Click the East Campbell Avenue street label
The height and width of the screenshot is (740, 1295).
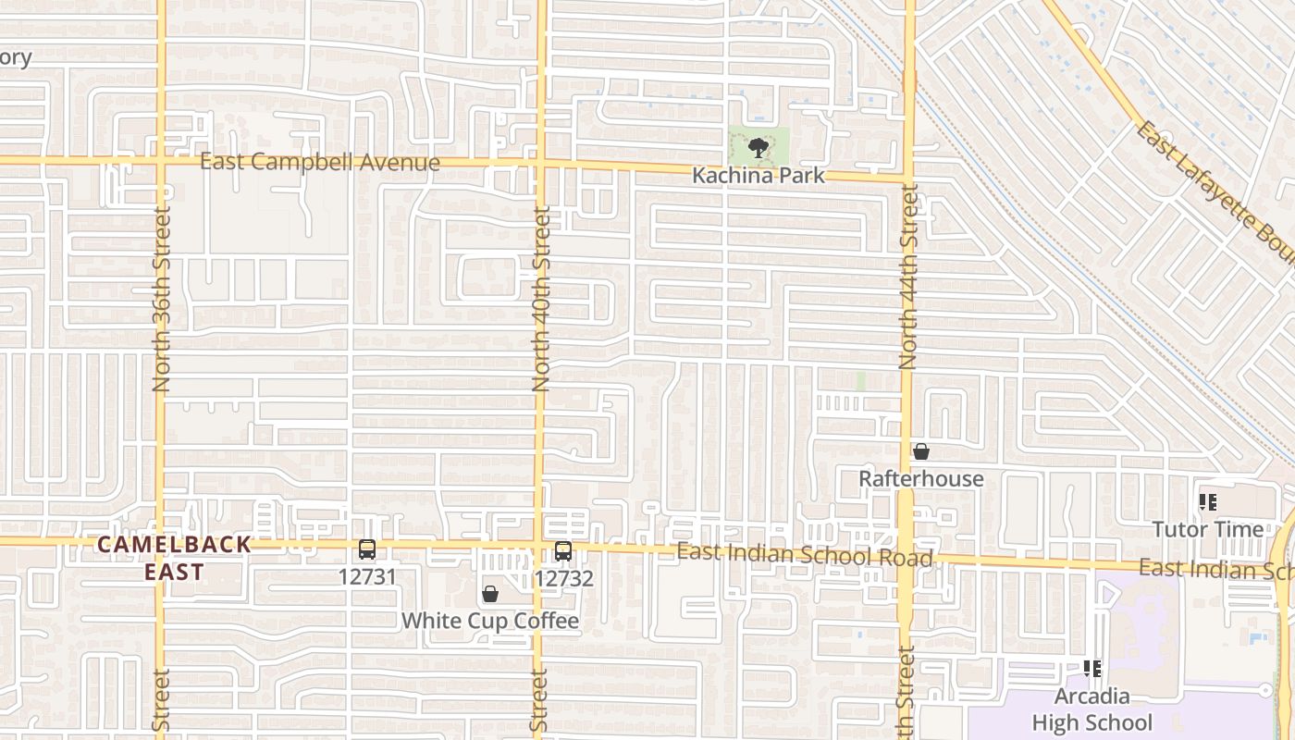[x=320, y=163]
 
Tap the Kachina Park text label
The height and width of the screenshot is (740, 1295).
[x=758, y=175]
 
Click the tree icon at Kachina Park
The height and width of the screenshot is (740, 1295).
[x=758, y=147]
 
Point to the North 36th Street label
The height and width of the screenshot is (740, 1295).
[x=162, y=299]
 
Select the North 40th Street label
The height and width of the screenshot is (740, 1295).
[x=541, y=299]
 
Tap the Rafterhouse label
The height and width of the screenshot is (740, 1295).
[x=920, y=478]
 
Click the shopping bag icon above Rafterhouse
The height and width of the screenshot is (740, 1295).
[x=920, y=451]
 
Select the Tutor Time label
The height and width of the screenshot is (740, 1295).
[x=1207, y=529]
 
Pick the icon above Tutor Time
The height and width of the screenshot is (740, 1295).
[x=1207, y=502]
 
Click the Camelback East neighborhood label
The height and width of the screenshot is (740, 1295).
[x=174, y=558]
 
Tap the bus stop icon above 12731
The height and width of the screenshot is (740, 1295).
[x=367, y=549]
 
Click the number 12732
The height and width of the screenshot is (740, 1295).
[x=563, y=578]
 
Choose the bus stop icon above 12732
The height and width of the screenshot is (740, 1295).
[x=563, y=551]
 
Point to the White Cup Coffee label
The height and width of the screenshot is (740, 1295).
[x=489, y=621]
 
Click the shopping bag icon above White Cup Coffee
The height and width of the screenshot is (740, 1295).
[x=490, y=594]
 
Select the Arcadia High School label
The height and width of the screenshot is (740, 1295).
[x=1092, y=709]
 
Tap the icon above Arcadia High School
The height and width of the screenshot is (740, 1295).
[x=1092, y=668]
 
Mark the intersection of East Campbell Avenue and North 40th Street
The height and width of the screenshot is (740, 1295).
[x=541, y=165]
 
